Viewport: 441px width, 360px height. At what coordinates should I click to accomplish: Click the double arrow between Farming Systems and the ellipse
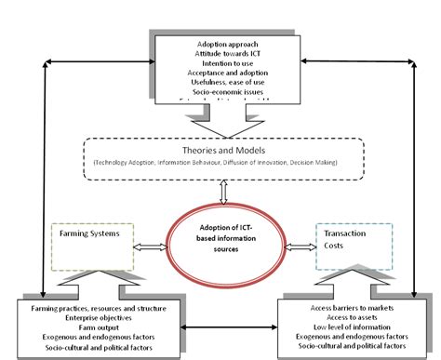(x=149, y=248)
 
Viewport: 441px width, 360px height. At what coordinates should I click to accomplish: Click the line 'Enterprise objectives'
(x=93, y=318)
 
